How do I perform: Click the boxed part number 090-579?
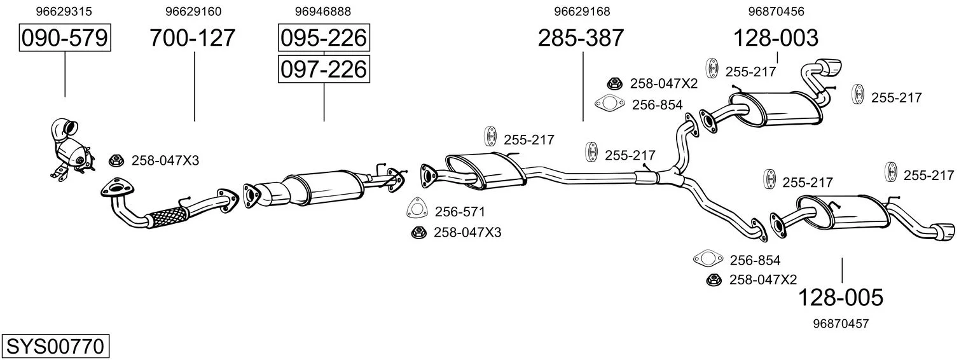click(x=65, y=38)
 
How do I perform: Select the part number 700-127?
click(x=193, y=38)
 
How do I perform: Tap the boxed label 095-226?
click(x=324, y=38)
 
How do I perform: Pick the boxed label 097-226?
click(x=324, y=69)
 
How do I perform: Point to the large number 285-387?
click(x=581, y=38)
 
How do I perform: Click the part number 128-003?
click(x=776, y=38)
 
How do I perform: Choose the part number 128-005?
click(x=841, y=298)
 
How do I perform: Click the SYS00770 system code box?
click(x=55, y=347)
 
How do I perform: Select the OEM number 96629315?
click(x=64, y=11)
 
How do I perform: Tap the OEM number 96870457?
click(x=841, y=324)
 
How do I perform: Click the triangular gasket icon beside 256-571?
click(x=417, y=208)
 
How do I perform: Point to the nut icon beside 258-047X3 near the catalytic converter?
click(x=116, y=160)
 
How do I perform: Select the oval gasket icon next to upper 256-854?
click(x=609, y=103)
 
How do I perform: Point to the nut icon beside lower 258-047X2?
click(x=714, y=280)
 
